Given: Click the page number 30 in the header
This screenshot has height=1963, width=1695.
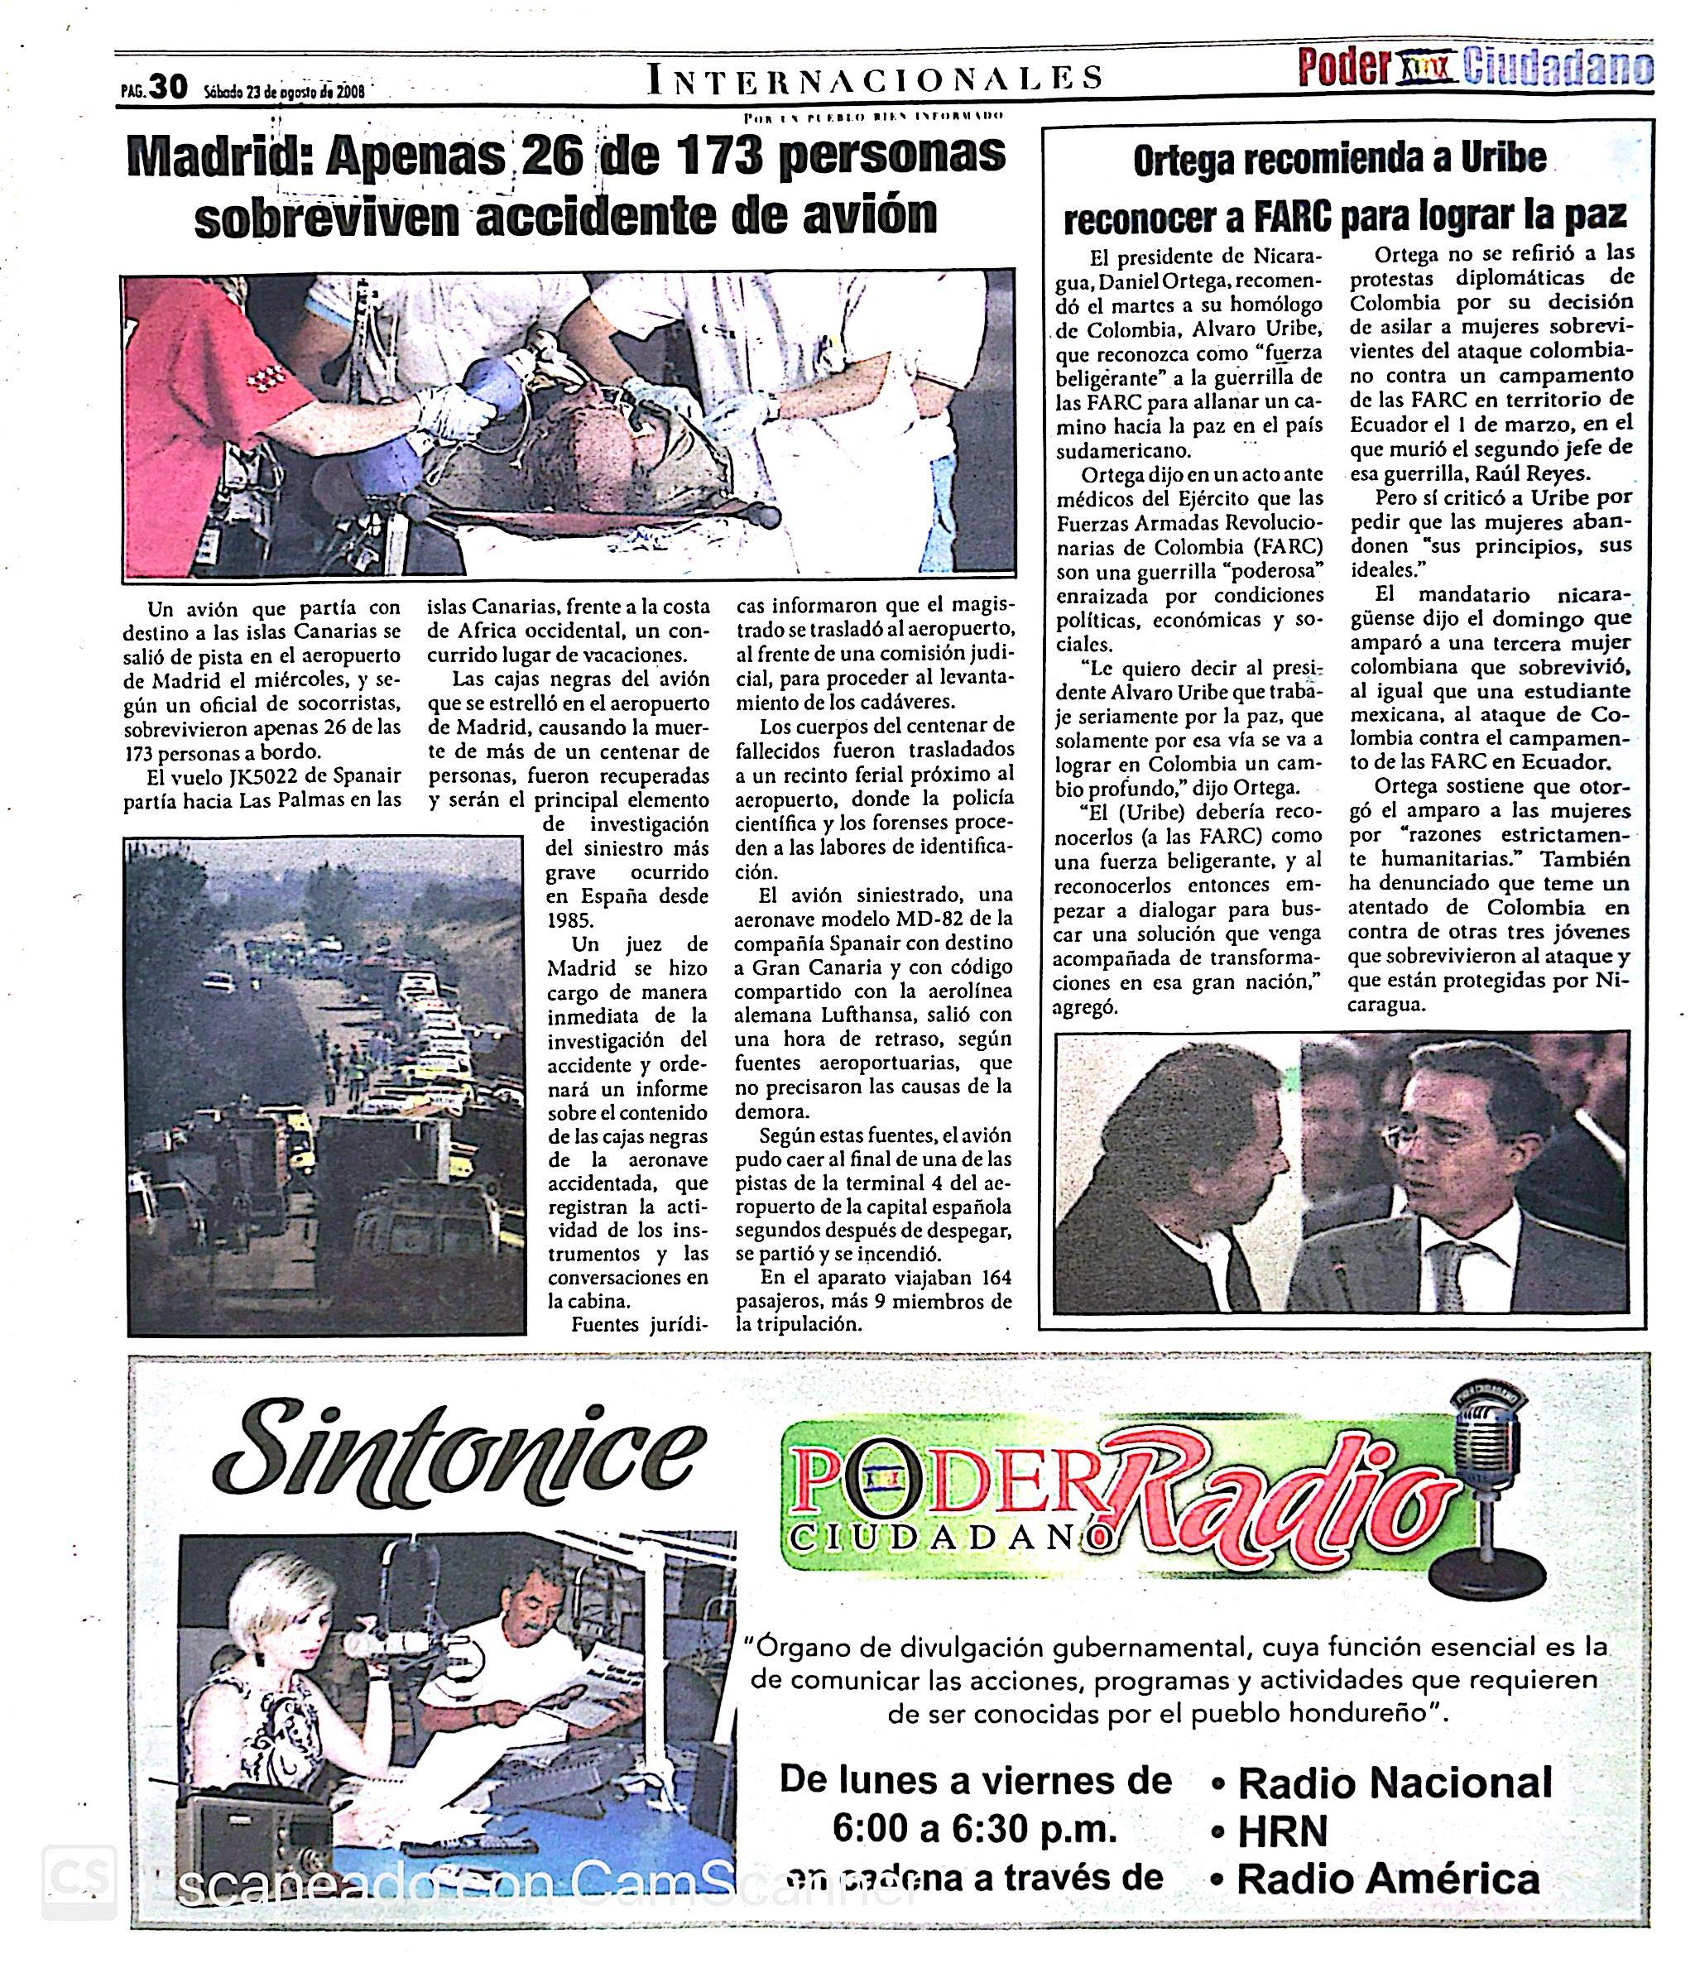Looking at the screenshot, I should [168, 88].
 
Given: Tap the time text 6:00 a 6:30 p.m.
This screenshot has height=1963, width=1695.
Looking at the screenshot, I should [975, 1831].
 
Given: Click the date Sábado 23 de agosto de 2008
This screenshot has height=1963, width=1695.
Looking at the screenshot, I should [284, 92].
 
